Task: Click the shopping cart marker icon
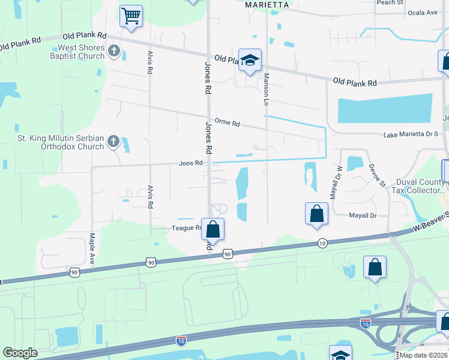[131, 16]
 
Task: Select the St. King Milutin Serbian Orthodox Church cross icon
[113, 142]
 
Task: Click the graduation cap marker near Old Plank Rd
[250, 60]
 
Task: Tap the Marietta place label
[268, 5]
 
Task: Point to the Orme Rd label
[228, 124]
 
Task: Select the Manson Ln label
[264, 89]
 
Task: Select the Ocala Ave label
[423, 12]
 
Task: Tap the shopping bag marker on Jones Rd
[212, 229]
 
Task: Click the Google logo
[20, 353]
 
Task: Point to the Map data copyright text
[424, 355]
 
